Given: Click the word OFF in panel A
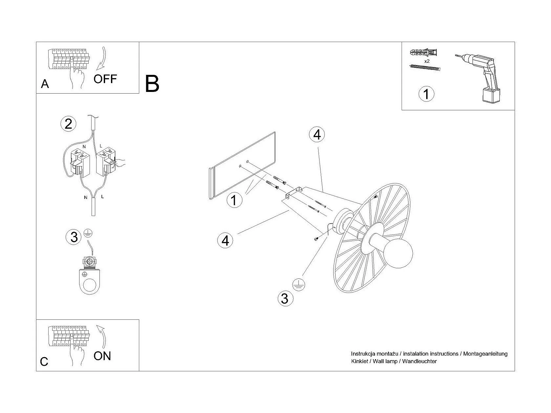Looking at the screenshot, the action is tap(105, 79).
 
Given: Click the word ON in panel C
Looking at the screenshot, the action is tap(102, 356).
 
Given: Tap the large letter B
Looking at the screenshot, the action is tap(152, 84).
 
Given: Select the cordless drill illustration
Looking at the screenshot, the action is tap(478, 78).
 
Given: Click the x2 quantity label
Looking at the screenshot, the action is tap(427, 61).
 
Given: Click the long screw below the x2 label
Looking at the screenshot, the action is tap(425, 68).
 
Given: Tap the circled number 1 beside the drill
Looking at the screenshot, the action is tap(426, 94).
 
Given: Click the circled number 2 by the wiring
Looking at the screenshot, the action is tap(68, 124).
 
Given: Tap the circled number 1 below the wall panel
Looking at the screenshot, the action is tap(234, 200).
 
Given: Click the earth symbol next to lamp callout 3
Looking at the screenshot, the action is tap(298, 285).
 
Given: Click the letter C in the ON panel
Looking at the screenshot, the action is tap(44, 361).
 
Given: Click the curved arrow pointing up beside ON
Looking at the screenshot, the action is tap(101, 337).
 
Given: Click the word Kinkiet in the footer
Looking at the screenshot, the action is tap(360, 361).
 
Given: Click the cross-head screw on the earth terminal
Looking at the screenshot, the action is tap(90, 262).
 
